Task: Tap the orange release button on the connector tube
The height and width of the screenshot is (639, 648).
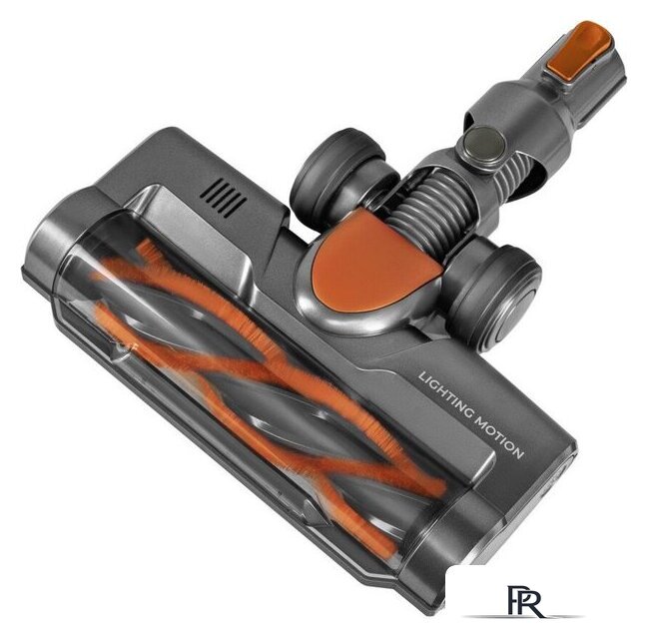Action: point(578,51)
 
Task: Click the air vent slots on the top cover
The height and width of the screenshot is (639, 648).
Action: point(224,198)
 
